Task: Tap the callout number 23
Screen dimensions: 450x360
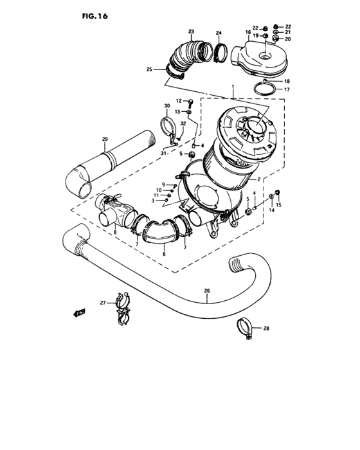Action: (x=191, y=32)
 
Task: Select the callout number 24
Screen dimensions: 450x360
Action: (x=219, y=33)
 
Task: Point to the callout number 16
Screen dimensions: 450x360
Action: (x=248, y=32)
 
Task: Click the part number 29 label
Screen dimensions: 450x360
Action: (x=104, y=138)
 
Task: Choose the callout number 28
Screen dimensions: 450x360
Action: (x=266, y=328)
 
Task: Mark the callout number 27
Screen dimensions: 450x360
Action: (x=102, y=303)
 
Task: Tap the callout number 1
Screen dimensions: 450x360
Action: (x=233, y=86)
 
